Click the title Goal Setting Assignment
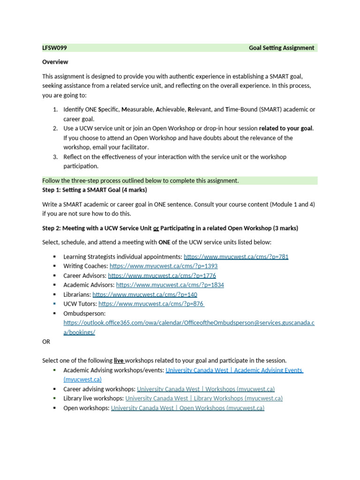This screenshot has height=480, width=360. [x=281, y=48]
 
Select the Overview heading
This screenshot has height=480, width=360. [x=55, y=62]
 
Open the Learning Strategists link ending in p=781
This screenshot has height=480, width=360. [x=236, y=257]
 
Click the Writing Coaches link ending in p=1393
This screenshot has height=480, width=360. [x=163, y=266]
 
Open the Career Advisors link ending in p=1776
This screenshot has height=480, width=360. [x=162, y=276]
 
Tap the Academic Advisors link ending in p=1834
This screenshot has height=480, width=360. [x=170, y=285]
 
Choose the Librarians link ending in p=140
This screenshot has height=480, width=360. [x=144, y=294]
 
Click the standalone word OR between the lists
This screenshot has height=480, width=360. [x=46, y=342]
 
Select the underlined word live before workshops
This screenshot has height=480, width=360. [x=119, y=360]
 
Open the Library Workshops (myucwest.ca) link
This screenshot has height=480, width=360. [x=204, y=398]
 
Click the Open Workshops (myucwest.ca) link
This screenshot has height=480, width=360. [x=187, y=408]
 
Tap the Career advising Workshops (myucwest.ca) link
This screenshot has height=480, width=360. [x=205, y=389]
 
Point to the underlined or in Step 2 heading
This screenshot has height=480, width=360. [x=156, y=228]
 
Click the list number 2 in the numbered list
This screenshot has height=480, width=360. [x=55, y=128]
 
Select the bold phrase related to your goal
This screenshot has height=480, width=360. [x=285, y=128]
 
